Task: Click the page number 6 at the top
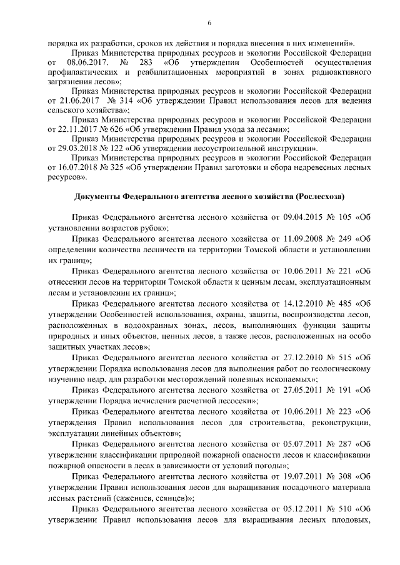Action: [209, 23]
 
